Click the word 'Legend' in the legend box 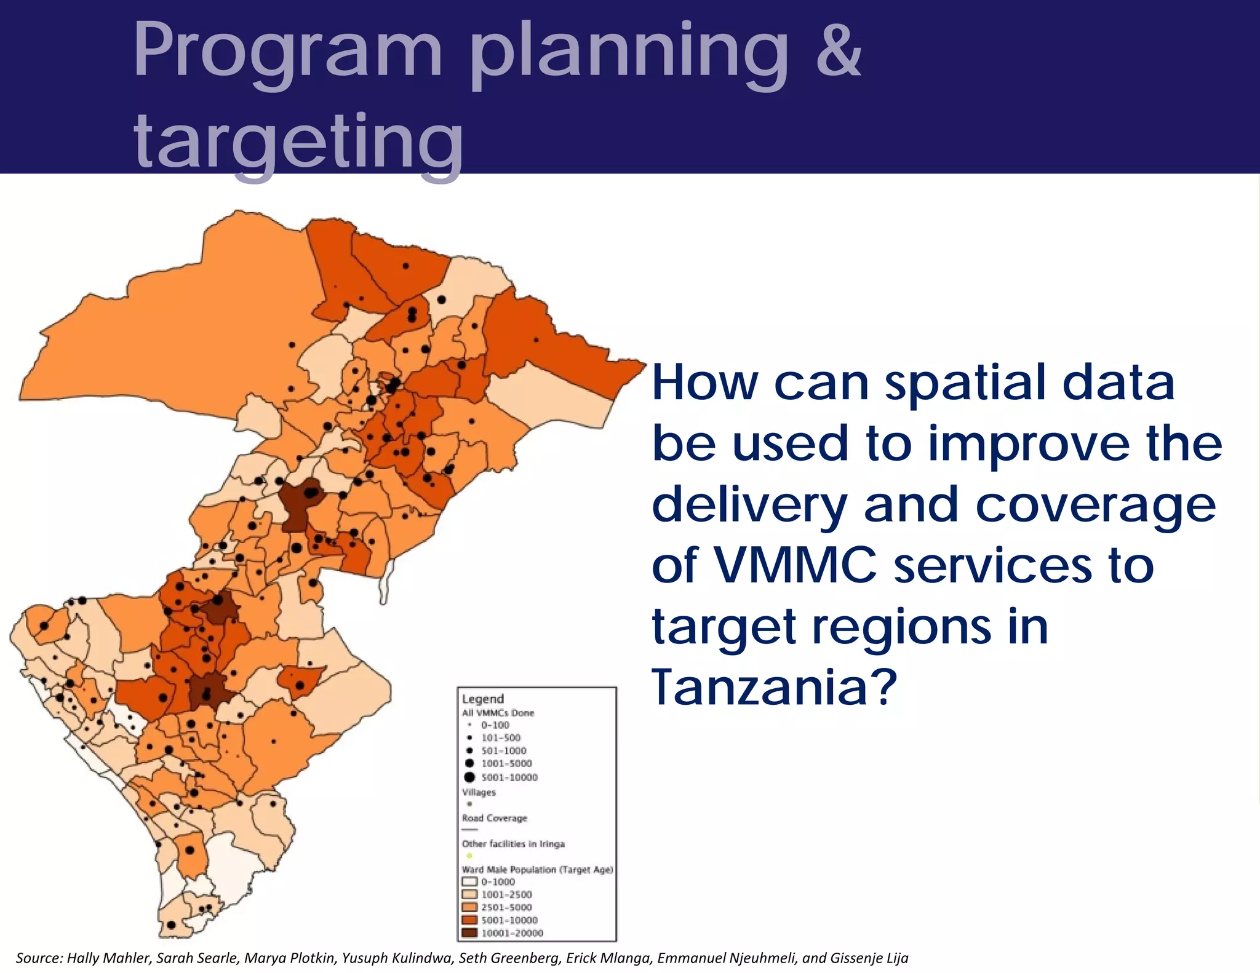click(x=482, y=699)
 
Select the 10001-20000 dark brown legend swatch click(x=470, y=933)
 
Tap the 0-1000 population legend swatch click(x=470, y=881)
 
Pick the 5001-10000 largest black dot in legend click(x=469, y=777)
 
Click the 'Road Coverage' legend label click(x=495, y=818)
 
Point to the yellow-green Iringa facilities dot click(x=469, y=856)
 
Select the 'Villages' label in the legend click(x=479, y=792)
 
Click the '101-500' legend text click(x=501, y=737)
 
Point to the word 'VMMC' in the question click(x=795, y=565)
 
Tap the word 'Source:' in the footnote click(x=39, y=958)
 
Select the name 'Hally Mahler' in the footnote click(x=108, y=958)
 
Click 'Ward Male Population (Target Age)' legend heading click(x=537, y=869)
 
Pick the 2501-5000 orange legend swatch click(x=470, y=907)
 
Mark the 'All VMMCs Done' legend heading click(x=498, y=713)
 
